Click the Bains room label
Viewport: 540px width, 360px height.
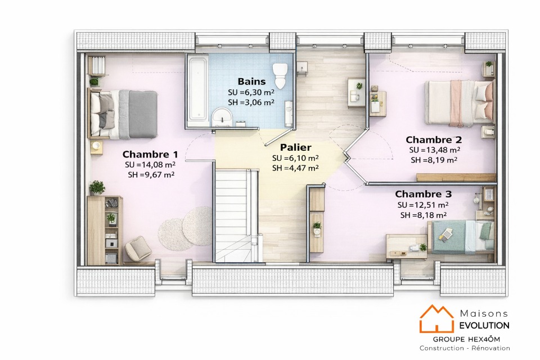(252, 82)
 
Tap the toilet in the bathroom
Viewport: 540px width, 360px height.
(280, 75)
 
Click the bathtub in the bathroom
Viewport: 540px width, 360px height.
(197, 89)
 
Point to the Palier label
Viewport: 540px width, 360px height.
(295, 147)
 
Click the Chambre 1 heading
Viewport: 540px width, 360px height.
(150, 154)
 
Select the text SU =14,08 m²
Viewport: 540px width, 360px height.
(150, 165)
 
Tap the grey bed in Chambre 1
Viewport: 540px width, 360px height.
(124, 114)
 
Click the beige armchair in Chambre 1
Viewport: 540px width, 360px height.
(138, 248)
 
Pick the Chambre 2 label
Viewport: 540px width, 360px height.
(434, 140)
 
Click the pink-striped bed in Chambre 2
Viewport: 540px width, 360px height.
(460, 102)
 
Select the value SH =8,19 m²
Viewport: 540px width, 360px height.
(434, 160)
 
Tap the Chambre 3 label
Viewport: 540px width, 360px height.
(423, 194)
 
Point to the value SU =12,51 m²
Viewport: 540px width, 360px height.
(423, 205)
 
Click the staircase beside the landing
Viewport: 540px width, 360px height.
(237, 214)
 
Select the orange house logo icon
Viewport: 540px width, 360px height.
(436, 319)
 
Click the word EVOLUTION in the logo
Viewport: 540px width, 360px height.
(484, 326)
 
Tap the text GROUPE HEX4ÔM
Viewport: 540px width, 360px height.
(466, 339)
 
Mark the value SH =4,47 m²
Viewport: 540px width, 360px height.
(295, 168)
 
